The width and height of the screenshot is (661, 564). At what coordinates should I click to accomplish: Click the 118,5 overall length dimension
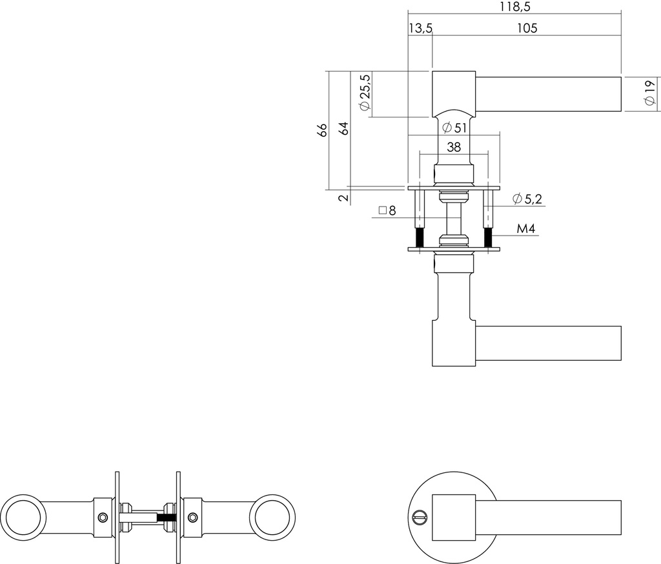click(514, 6)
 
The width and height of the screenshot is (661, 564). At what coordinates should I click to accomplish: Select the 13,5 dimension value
click(420, 28)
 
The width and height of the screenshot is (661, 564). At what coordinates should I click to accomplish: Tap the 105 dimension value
click(527, 28)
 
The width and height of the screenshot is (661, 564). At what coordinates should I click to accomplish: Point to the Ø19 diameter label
click(649, 94)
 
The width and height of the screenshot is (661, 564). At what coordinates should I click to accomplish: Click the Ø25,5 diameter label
click(365, 94)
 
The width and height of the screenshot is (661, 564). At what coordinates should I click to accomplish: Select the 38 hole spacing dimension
click(453, 147)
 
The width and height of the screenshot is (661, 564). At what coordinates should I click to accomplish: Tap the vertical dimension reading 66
click(323, 129)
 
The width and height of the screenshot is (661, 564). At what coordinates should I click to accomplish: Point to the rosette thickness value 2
click(344, 197)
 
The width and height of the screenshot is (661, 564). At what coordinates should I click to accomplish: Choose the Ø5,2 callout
click(527, 199)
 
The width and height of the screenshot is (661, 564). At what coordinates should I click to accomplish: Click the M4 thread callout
click(527, 229)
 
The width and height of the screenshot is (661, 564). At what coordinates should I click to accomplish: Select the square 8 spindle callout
click(387, 210)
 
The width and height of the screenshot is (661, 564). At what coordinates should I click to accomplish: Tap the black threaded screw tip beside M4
click(489, 238)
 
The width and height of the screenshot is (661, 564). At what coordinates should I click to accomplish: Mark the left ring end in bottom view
click(23, 517)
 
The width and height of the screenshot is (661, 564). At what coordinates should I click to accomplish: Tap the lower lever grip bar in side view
click(549, 343)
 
